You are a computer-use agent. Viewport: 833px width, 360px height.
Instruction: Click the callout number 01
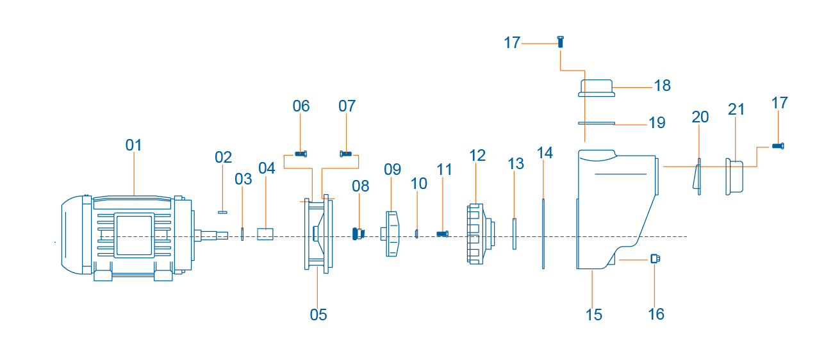133,145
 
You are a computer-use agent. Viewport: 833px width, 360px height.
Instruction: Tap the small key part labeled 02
222,213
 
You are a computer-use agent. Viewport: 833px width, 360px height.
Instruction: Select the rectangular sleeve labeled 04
265,234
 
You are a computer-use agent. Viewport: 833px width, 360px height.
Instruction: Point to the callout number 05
318,315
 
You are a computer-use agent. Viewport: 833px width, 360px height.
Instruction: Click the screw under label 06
301,154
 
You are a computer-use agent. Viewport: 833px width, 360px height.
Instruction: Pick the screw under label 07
346,154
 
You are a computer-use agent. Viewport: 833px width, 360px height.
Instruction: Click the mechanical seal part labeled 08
358,234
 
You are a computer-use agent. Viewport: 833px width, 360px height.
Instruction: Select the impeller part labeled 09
392,234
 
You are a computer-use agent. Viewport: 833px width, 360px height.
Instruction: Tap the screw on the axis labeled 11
442,234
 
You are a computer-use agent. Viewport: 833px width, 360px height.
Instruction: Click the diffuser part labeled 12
481,234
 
